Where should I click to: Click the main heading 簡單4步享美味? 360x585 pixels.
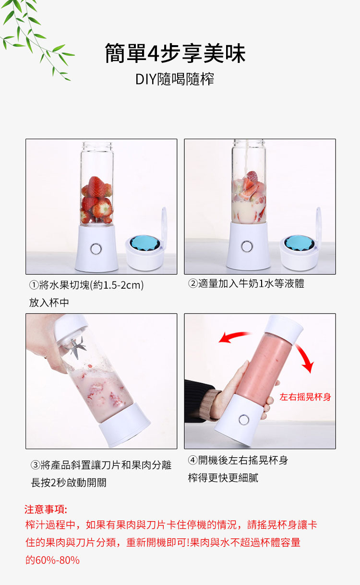(175, 53)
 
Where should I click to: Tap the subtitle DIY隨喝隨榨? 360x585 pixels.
(175, 79)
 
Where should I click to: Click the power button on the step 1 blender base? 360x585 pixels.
(96, 249)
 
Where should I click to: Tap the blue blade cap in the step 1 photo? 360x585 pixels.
(145, 244)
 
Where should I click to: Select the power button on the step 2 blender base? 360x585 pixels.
(247, 246)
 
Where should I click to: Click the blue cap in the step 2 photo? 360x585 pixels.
(299, 243)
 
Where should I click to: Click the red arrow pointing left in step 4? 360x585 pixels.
(234, 337)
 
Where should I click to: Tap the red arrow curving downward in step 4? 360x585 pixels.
(305, 358)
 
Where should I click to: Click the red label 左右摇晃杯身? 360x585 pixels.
(305, 397)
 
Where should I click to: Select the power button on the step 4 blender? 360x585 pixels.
(244, 420)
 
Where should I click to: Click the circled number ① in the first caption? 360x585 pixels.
(34, 285)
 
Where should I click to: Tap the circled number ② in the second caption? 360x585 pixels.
(192, 283)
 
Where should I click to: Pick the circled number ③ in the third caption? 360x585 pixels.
(36, 465)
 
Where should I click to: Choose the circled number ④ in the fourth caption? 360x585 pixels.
(192, 460)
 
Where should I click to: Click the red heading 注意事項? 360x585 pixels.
(46, 509)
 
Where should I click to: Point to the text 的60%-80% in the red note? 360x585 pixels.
(52, 560)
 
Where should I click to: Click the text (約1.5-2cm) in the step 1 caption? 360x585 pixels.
(117, 285)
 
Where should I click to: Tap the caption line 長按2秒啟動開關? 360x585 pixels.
(69, 483)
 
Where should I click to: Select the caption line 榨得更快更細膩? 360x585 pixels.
(223, 478)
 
